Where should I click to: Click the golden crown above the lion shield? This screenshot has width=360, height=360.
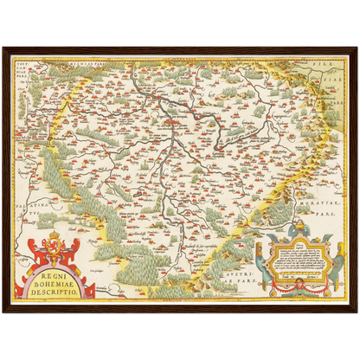coord(54,234)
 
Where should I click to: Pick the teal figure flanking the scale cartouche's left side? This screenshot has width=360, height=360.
coord(259,260)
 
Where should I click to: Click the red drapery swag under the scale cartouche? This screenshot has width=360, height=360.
coord(299,288)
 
